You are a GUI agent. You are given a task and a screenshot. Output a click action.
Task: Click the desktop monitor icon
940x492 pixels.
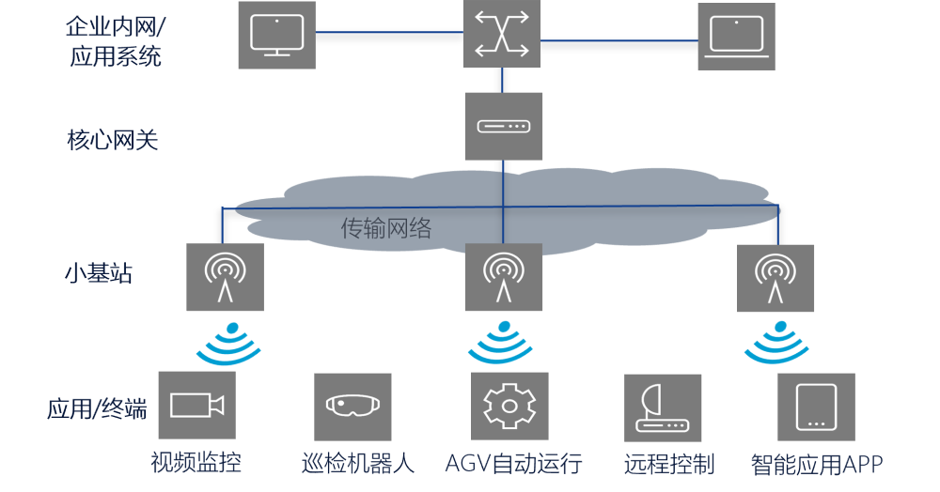(x=276, y=35)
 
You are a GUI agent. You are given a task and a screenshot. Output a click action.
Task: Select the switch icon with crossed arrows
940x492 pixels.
(x=502, y=34)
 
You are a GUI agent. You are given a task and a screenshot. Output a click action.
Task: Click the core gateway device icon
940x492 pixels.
(x=503, y=126)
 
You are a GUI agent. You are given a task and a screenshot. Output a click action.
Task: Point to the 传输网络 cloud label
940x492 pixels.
(x=385, y=228)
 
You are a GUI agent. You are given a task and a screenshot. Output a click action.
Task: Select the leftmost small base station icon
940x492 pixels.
(x=225, y=277)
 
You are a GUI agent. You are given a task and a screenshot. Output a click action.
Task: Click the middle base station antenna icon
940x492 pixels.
(x=504, y=277)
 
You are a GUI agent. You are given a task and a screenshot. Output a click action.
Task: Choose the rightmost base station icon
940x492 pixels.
(x=775, y=277)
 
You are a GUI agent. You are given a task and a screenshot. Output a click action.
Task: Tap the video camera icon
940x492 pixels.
(x=196, y=405)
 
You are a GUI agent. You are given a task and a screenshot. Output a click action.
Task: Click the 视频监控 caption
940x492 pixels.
(x=196, y=463)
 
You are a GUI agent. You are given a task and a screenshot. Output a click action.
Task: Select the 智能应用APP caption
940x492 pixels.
(x=816, y=465)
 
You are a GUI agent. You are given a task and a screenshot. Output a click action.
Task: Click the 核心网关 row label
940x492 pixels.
(x=112, y=141)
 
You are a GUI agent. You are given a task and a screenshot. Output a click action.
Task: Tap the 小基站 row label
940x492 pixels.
(x=98, y=274)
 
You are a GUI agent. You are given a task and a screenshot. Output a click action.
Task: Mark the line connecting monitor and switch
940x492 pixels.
(x=388, y=33)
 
